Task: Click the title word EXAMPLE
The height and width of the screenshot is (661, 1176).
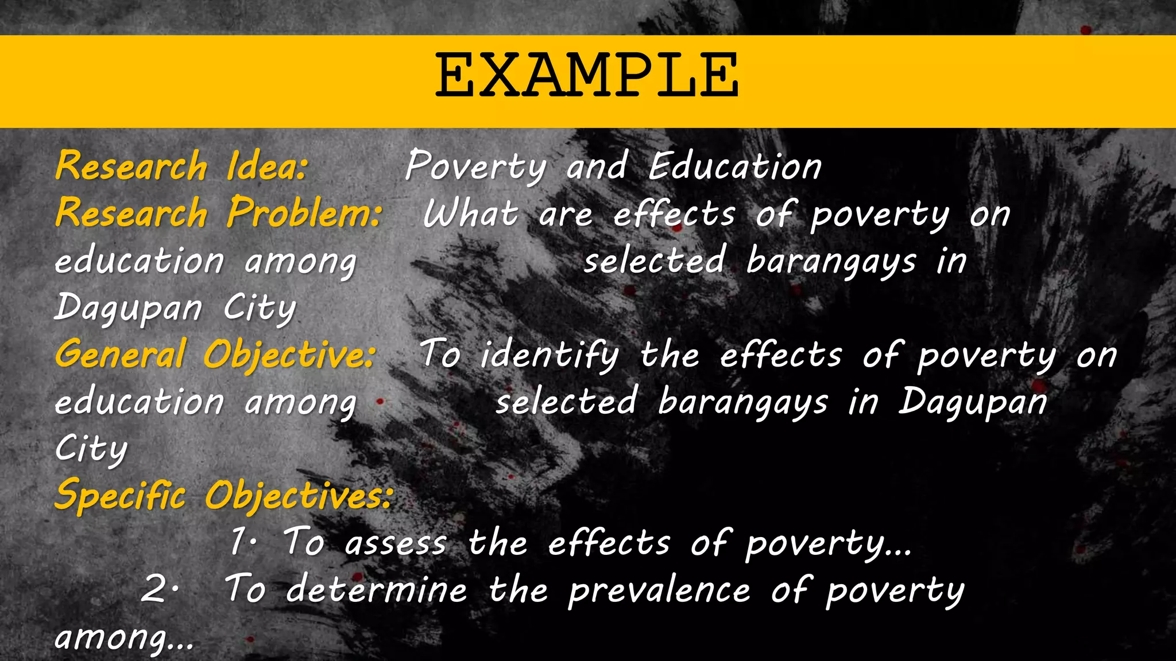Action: click(x=587, y=76)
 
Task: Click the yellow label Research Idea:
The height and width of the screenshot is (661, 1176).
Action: click(x=181, y=166)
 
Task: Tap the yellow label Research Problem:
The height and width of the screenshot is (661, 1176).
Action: click(x=219, y=213)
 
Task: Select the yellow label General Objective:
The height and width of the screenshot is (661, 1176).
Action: click(x=216, y=354)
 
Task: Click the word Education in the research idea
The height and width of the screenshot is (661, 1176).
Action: click(x=735, y=166)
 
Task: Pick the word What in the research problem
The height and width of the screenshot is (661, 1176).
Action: click(x=471, y=214)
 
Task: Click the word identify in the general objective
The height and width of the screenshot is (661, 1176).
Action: click(x=550, y=355)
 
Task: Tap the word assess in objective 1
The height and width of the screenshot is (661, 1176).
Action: click(x=396, y=543)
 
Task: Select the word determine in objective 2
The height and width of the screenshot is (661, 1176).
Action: click(x=377, y=589)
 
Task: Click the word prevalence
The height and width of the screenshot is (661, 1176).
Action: click(x=659, y=589)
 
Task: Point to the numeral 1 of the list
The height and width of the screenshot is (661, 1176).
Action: click(x=238, y=542)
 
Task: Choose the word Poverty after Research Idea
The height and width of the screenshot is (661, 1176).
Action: click(x=476, y=166)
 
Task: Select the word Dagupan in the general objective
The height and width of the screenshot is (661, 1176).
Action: click(x=973, y=402)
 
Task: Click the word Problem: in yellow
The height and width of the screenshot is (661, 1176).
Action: click(x=304, y=213)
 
